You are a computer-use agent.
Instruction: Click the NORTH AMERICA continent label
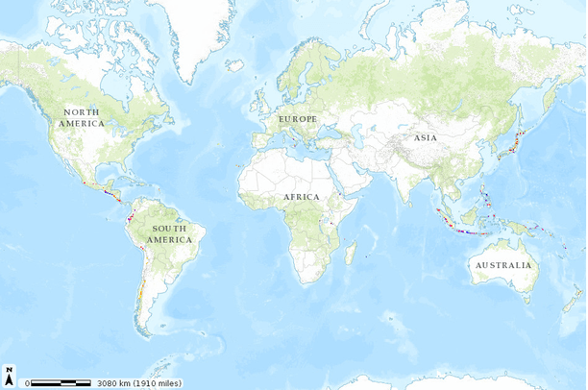82,118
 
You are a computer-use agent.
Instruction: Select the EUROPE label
297,118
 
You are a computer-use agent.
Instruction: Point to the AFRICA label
301,197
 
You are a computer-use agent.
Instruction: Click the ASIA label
426,137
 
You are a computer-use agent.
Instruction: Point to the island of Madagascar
351,253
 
